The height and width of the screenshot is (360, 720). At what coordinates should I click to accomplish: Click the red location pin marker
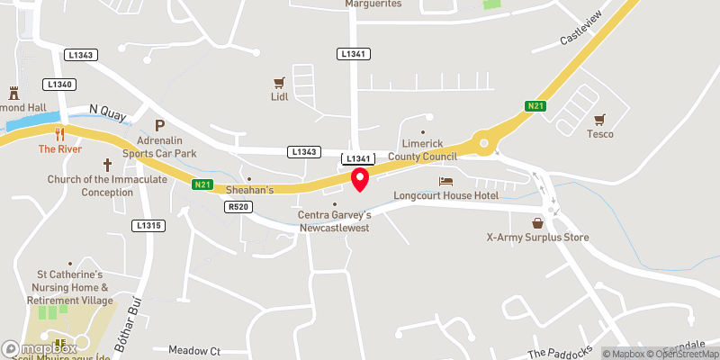coord(360,178)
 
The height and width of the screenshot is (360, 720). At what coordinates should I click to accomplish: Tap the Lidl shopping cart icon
coord(279,82)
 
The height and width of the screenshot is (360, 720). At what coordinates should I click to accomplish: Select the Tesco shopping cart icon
coord(600,120)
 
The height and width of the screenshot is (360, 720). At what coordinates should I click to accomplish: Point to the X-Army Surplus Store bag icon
coord(537,223)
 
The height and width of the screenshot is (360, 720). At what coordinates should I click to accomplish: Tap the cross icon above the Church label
coord(107,165)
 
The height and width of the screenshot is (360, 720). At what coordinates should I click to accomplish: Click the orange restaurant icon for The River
coord(60,135)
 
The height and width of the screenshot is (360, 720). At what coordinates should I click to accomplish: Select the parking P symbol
coord(160,126)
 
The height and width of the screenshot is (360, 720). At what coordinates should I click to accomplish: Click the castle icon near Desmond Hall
coord(13,93)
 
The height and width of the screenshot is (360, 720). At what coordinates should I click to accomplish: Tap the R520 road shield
coord(237,206)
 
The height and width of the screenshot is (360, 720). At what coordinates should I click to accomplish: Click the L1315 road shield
coord(148,224)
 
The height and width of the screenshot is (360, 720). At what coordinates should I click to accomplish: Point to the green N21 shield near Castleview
coord(535,106)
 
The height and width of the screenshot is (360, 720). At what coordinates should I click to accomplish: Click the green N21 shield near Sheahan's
coord(202,185)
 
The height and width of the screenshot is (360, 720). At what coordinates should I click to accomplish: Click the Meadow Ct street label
coord(194,349)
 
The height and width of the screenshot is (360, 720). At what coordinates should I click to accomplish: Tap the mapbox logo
coord(39,347)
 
